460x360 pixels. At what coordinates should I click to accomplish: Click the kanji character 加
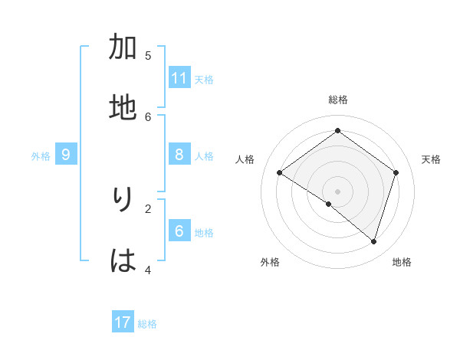point(123,47)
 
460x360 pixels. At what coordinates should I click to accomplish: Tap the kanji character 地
point(123,107)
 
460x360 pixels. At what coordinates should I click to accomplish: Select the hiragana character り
point(123,200)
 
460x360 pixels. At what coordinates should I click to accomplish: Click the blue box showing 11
point(179,78)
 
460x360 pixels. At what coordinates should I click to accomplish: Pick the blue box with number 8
point(179,155)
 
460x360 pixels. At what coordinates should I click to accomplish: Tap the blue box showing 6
point(179,231)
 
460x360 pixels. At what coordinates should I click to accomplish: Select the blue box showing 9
point(66,155)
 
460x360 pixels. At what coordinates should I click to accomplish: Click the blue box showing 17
point(123,322)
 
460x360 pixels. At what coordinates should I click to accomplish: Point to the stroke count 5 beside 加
point(148,55)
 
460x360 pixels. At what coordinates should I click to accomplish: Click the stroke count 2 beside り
point(148,208)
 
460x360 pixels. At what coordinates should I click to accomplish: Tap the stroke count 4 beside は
point(148,270)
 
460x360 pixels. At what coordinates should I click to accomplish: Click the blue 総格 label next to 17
point(147,324)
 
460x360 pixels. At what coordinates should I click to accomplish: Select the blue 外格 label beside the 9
point(41,156)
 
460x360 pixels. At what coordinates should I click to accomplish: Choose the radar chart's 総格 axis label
point(338,100)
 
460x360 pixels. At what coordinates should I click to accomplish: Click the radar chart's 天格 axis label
point(431,159)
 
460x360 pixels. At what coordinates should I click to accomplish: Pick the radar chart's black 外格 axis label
point(270,262)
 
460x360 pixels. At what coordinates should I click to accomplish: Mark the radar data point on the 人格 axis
point(279,173)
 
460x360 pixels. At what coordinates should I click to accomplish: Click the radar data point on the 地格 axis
point(373,241)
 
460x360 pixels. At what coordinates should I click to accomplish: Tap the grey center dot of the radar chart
point(337,191)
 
